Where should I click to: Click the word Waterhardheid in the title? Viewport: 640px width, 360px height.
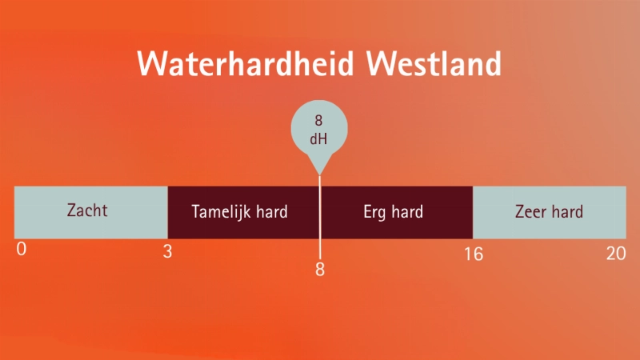click(x=246, y=63)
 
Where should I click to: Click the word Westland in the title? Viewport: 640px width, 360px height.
click(x=434, y=63)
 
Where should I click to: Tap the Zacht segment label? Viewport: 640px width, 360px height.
click(x=87, y=210)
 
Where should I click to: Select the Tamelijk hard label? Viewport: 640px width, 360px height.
click(x=239, y=212)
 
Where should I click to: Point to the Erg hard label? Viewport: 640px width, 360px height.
click(x=393, y=212)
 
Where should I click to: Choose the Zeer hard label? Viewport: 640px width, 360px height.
click(x=549, y=212)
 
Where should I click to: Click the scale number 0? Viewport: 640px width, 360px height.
click(x=22, y=249)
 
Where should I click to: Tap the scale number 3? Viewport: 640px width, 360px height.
click(x=167, y=251)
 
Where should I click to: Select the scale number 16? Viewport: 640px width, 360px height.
click(x=474, y=254)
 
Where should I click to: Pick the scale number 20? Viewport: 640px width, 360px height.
click(x=616, y=253)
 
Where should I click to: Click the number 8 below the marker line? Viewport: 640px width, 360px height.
click(x=320, y=270)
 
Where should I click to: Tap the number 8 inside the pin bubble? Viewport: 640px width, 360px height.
click(x=318, y=121)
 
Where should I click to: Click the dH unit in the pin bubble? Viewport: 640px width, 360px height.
click(x=318, y=138)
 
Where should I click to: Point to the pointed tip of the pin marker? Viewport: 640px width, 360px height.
click(x=319, y=175)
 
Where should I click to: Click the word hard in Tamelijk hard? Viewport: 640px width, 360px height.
click(x=272, y=211)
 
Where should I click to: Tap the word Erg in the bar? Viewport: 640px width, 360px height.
click(x=374, y=213)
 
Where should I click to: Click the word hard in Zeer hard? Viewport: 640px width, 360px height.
click(x=567, y=212)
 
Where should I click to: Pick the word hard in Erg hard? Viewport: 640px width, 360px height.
click(x=407, y=212)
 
